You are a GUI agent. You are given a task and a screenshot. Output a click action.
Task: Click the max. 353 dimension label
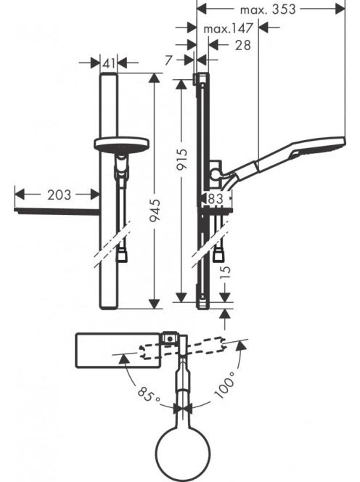(x=268, y=9)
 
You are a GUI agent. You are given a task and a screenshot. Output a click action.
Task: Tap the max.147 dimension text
(x=228, y=28)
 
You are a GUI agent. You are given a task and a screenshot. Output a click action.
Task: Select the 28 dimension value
(x=243, y=45)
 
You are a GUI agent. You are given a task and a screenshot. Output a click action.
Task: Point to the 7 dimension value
(x=168, y=60)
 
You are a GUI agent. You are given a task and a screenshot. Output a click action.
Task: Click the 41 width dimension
(x=109, y=64)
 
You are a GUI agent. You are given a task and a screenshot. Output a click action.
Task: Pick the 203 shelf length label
(x=59, y=195)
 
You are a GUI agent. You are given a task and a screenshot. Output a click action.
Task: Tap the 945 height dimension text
(x=156, y=211)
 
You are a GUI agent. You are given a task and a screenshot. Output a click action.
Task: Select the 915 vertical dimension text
(x=182, y=159)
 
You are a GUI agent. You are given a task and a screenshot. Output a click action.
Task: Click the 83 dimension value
(x=216, y=198)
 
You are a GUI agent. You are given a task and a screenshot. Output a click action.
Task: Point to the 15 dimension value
(x=225, y=271)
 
